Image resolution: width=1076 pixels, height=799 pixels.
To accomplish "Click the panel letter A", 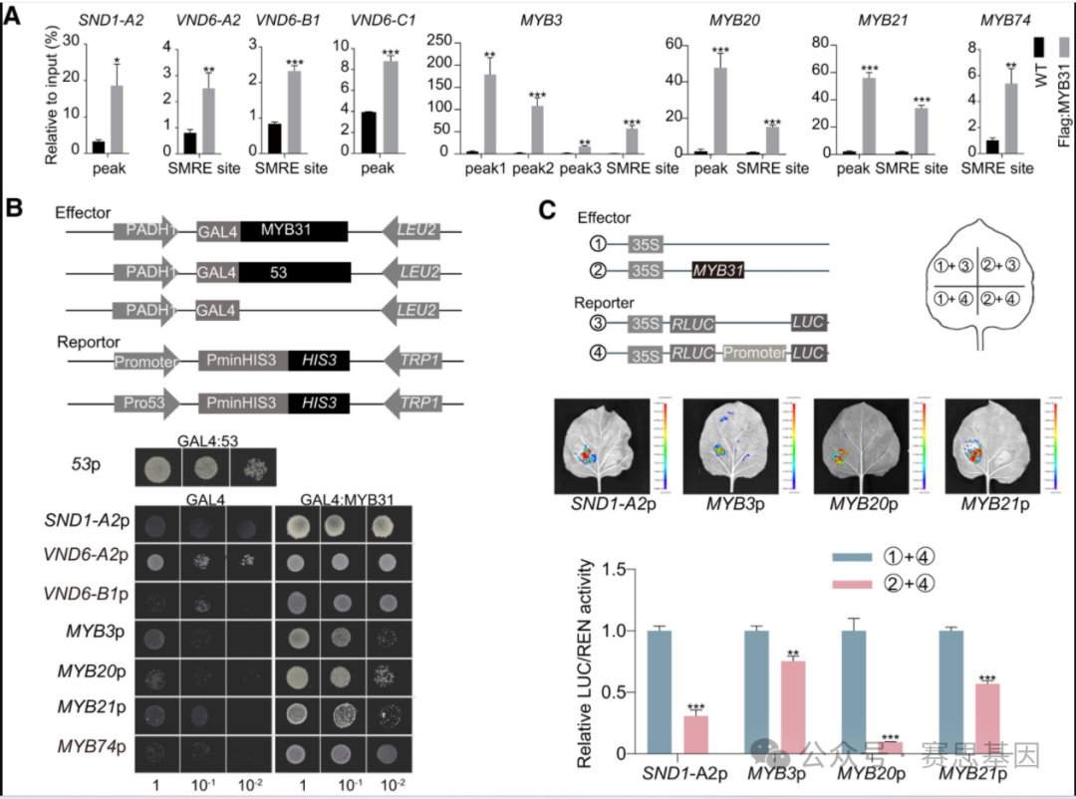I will click(x=14, y=17).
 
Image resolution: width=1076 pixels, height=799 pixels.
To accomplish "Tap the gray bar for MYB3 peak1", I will click(x=489, y=114).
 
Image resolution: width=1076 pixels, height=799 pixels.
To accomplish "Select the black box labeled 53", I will click(x=295, y=271).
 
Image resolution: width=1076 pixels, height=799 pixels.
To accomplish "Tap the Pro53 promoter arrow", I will click(x=144, y=402).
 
